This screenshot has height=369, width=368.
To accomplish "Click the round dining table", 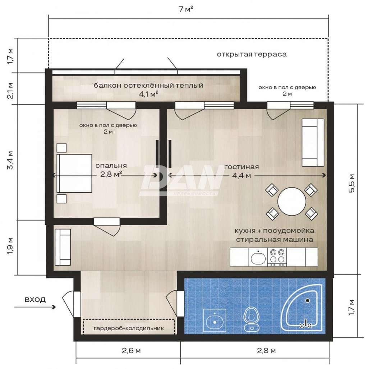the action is pos(292,201).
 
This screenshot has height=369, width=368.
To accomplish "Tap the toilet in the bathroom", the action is pos(252,319).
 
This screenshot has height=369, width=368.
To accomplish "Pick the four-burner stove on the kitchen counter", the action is pos(277,257).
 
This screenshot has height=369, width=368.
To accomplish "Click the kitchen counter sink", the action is pos(258,257).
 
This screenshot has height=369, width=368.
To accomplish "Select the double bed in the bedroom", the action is pos(74,173).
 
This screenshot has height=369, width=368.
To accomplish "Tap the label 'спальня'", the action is pos(111,166).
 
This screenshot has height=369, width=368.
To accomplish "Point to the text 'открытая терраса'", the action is pos(252,54).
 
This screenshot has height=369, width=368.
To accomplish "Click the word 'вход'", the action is pos(35,300).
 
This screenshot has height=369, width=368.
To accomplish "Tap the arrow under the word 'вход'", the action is pos(35,307).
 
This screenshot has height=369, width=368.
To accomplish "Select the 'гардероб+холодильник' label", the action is pos(129,328).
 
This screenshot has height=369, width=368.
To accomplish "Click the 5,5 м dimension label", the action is pos(351,183).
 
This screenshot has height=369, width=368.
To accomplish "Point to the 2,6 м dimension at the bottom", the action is pos(131,351).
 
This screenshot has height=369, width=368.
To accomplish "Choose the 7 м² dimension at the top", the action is pos(186,9).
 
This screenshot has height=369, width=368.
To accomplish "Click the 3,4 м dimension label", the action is pos(10,160).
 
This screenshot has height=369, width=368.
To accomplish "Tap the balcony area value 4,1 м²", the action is pos(148,94).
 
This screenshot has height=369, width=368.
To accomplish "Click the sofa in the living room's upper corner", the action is pos(313,143).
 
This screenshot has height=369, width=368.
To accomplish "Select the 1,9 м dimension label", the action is pos(10,246).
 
